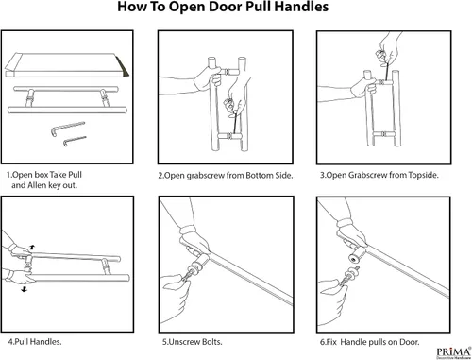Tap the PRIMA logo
coord(454,352)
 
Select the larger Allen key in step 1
coord(67,129)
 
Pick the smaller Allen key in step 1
coord(75,141)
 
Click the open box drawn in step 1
coord(67,65)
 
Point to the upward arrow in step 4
coord(32,248)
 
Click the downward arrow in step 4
coord(25,289)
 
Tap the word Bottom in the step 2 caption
coord(260,176)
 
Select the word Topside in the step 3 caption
coord(423,175)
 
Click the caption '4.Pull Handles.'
coord(35,342)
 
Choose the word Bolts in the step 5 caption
coord(212,342)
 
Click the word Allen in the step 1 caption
coord(37,185)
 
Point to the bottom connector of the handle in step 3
coord(383,134)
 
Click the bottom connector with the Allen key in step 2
coord(229,136)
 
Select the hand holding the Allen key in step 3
coord(388,47)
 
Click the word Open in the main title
coord(187,8)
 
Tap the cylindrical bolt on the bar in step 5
coord(201,261)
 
